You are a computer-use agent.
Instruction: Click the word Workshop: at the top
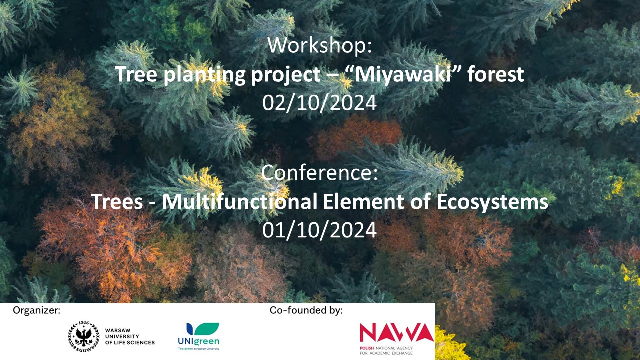click(320, 45)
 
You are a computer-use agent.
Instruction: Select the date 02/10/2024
click(319, 103)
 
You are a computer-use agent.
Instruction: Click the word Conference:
click(319, 172)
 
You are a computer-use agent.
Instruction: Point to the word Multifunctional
click(239, 201)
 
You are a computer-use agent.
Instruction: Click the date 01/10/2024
click(319, 230)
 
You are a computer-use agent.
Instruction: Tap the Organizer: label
click(37, 310)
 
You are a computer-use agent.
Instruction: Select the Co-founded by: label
click(306, 310)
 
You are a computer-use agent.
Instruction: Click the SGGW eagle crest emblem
click(83, 336)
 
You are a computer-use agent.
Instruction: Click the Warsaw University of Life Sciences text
click(130, 336)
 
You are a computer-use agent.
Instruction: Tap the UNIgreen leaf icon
click(203, 329)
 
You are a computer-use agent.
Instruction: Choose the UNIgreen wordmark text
click(199, 341)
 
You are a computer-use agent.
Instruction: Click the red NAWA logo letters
click(397, 332)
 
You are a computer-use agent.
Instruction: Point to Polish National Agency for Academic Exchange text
click(386, 351)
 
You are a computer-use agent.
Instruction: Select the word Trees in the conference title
click(117, 201)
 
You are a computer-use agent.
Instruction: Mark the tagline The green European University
click(199, 349)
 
